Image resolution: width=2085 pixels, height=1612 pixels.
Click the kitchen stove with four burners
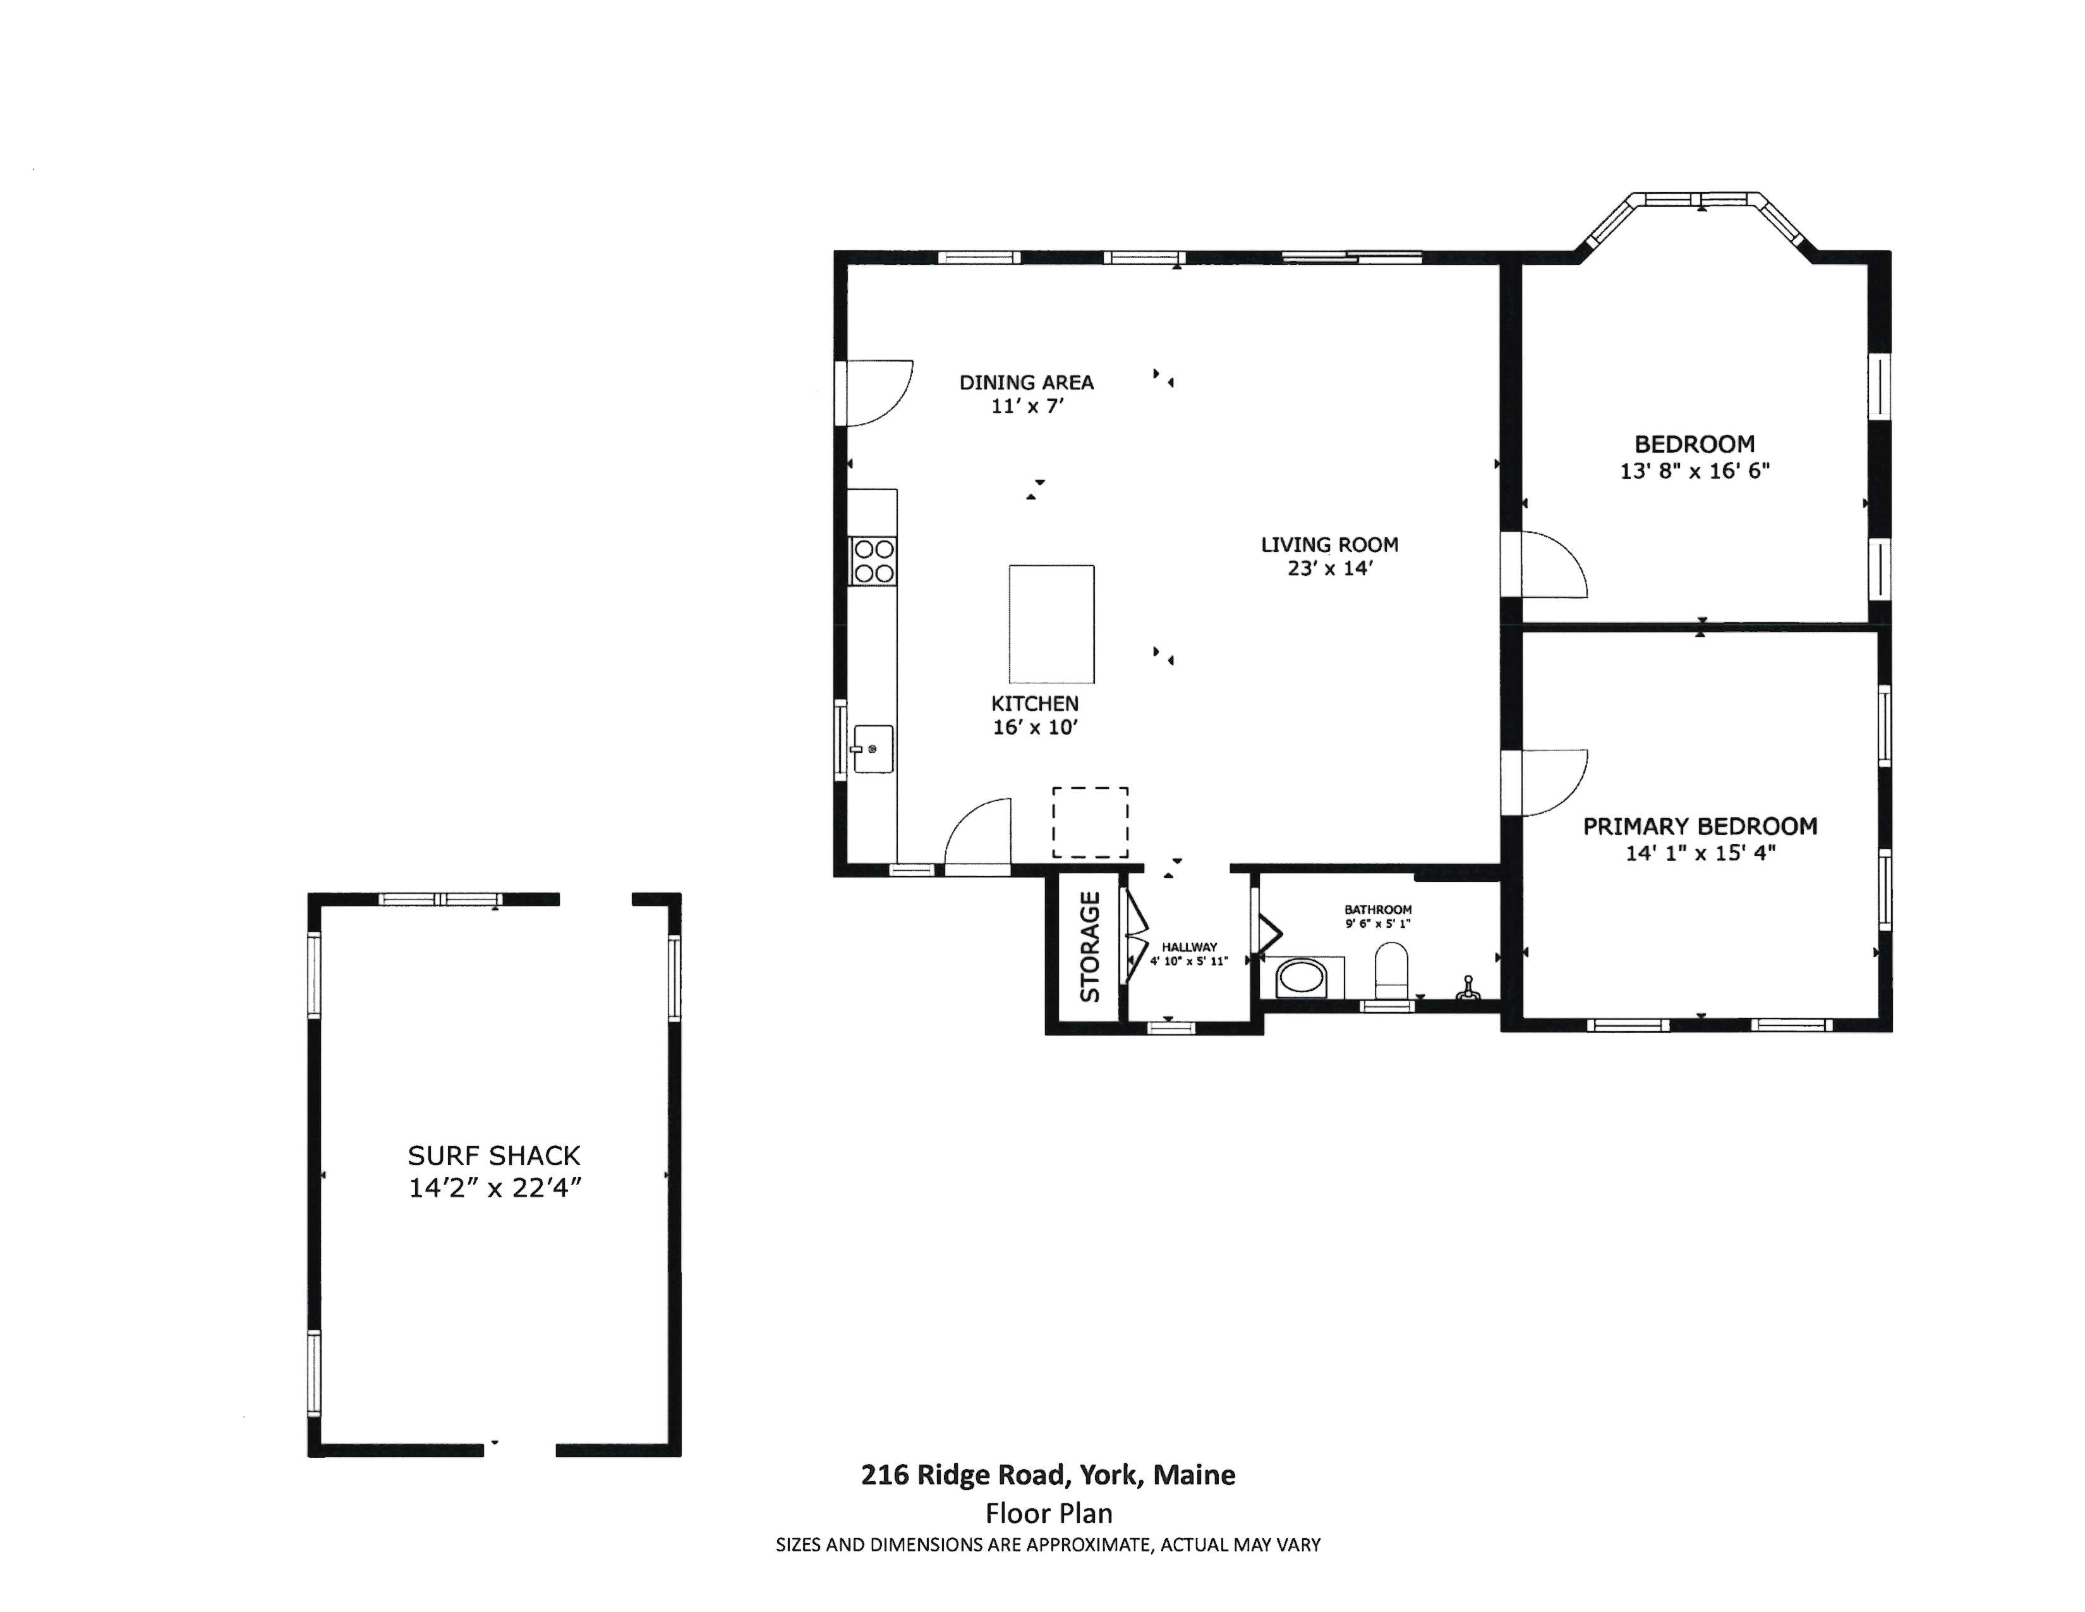click(x=873, y=561)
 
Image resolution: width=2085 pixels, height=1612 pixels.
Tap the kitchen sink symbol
click(x=873, y=748)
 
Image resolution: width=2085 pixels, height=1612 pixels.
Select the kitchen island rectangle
click(x=1051, y=623)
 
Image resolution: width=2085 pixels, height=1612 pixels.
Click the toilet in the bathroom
click(x=1392, y=971)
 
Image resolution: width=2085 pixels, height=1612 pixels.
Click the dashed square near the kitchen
click(x=1091, y=822)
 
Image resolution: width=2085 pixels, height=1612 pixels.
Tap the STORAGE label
click(x=1089, y=946)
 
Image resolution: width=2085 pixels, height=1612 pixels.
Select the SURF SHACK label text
click(x=493, y=1156)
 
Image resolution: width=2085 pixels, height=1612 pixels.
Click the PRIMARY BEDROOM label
click(x=1700, y=826)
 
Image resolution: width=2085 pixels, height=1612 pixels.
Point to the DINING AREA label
click(x=1026, y=382)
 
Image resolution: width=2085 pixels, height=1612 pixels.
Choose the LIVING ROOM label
click(x=1329, y=544)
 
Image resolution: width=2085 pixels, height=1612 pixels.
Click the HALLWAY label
click(x=1190, y=948)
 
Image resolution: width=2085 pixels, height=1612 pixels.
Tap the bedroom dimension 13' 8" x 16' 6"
click(x=1695, y=471)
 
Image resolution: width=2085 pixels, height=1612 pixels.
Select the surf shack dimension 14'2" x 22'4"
click(x=495, y=1187)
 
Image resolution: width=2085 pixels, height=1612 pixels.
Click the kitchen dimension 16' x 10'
click(x=1035, y=728)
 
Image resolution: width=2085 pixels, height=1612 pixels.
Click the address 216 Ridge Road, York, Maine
click(x=1048, y=1475)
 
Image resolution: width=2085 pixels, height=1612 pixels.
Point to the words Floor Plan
click(x=1049, y=1513)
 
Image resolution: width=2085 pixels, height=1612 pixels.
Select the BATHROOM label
click(x=1377, y=910)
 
